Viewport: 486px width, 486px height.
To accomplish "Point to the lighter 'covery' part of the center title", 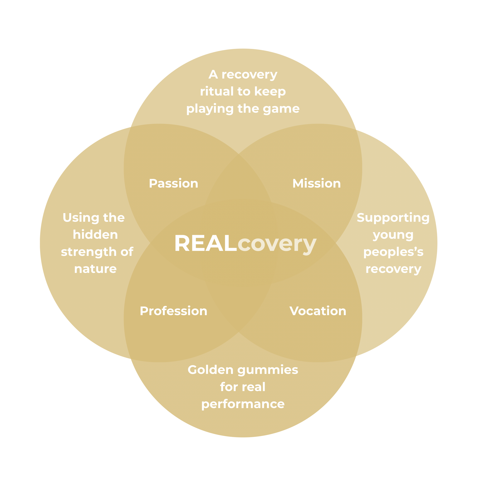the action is (x=277, y=244).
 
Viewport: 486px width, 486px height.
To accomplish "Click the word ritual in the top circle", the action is (x=217, y=91).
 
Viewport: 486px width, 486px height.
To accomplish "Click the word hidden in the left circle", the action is (x=95, y=235).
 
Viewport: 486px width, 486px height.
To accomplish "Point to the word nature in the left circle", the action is (x=95, y=269).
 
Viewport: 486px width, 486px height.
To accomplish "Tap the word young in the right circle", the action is (x=393, y=235).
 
